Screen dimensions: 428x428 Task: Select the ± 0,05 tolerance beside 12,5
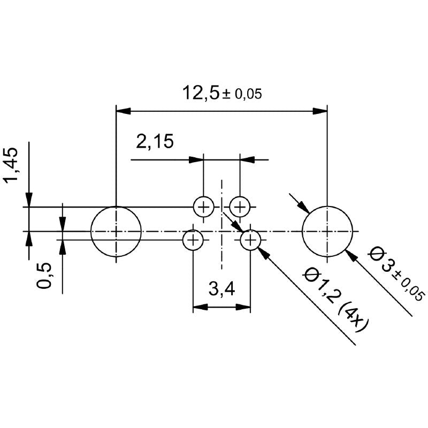coord(242,95)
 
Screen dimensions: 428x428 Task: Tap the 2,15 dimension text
coord(155,142)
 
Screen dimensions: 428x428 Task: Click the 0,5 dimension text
coord(45,276)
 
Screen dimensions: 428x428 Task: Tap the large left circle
coord(116,231)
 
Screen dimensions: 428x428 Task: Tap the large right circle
coord(327,231)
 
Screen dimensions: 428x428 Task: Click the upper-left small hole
coord(203,206)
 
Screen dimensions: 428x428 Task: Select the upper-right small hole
coord(240,206)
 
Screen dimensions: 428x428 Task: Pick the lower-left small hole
coord(193,240)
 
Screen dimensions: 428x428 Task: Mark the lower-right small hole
coord(250,240)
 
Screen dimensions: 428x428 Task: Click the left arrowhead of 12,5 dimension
coord(123,111)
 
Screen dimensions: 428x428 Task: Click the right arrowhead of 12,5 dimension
coord(320,111)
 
